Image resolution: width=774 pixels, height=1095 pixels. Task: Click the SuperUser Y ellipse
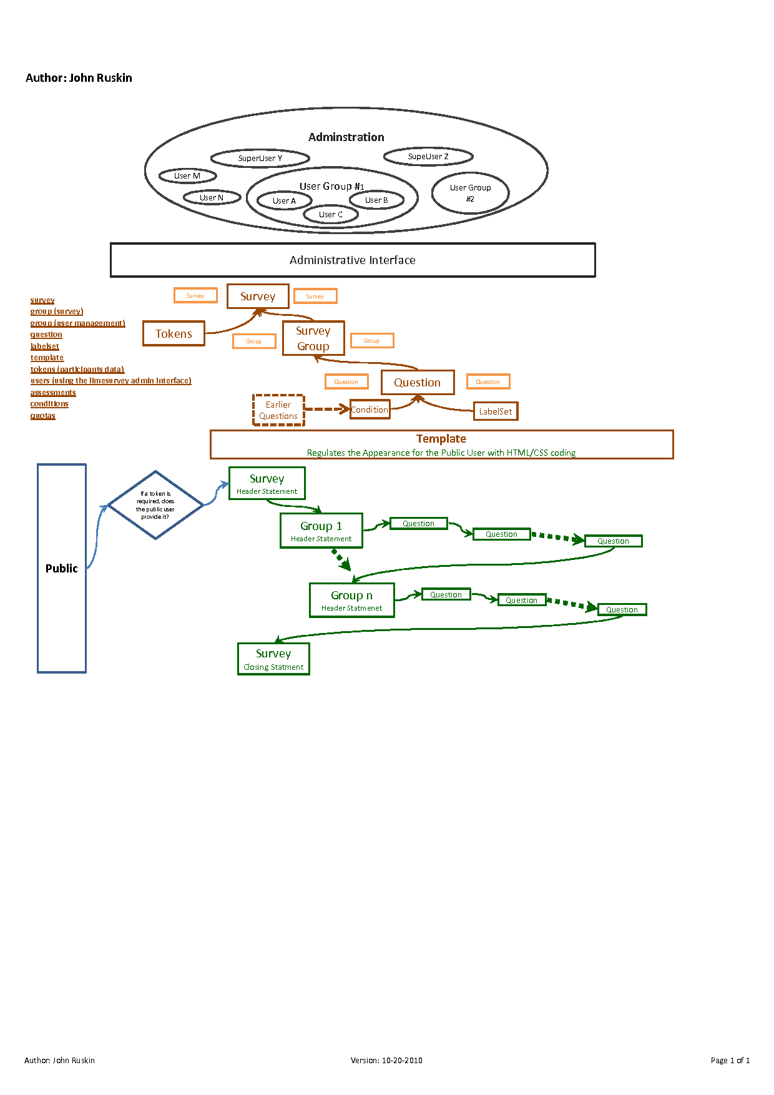[x=260, y=158]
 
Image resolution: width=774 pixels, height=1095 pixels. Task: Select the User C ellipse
[x=331, y=215]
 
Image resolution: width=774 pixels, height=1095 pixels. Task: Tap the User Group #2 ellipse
[x=470, y=193]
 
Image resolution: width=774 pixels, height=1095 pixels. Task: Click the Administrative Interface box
[x=353, y=260]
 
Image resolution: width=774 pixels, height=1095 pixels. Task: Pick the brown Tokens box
[x=174, y=333]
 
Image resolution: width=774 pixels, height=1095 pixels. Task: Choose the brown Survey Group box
[x=313, y=338]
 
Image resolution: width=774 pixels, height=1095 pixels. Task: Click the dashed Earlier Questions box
[x=278, y=410]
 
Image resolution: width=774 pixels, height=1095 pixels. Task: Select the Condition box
[x=370, y=410]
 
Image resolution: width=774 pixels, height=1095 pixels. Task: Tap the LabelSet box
[x=496, y=411]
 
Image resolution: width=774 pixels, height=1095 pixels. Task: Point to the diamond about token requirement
[x=155, y=505]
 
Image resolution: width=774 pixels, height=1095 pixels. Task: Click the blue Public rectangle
[x=62, y=568]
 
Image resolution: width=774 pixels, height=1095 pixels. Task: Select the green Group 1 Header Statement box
[x=321, y=531]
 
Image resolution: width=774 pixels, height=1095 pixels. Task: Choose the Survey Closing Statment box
[x=273, y=659]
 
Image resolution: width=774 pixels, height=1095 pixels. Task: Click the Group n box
[x=352, y=600]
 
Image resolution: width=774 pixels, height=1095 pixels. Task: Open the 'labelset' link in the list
[x=45, y=346]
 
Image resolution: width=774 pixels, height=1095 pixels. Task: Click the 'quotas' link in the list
[x=43, y=416]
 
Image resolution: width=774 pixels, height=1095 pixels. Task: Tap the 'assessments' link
[x=53, y=393]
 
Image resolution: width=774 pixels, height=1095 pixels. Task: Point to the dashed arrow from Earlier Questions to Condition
[x=326, y=410]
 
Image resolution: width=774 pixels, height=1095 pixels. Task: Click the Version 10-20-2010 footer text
[x=386, y=1060]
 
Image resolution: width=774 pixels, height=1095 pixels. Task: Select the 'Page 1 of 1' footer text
[x=730, y=1060]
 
